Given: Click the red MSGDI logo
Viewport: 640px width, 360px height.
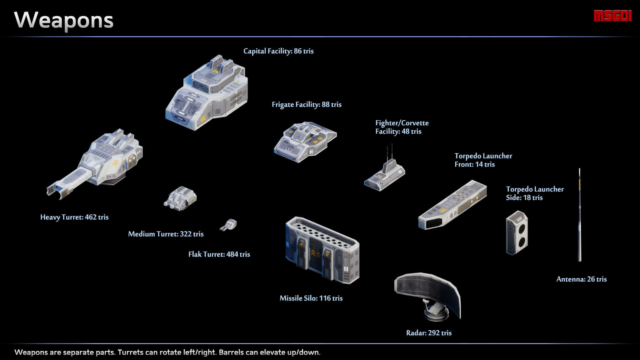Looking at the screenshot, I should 612,16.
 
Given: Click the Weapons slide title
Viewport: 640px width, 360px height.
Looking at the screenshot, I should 64,20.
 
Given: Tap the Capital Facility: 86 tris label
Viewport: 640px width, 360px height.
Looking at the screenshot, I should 278,51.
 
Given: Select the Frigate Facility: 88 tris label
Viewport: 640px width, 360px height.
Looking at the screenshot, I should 306,105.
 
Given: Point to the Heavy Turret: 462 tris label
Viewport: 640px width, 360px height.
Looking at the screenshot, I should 74,217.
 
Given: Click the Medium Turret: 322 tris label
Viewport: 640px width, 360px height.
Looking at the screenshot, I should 166,234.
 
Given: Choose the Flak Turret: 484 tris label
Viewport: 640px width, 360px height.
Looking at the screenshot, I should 219,254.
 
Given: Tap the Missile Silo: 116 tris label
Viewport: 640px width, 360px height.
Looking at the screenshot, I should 311,298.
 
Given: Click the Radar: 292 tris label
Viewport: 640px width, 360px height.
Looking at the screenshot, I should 428,333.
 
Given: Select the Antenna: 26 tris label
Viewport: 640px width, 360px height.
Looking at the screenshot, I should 581,279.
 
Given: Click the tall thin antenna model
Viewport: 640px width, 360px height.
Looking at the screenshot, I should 579,216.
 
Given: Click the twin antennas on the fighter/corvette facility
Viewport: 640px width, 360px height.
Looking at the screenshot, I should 390,152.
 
